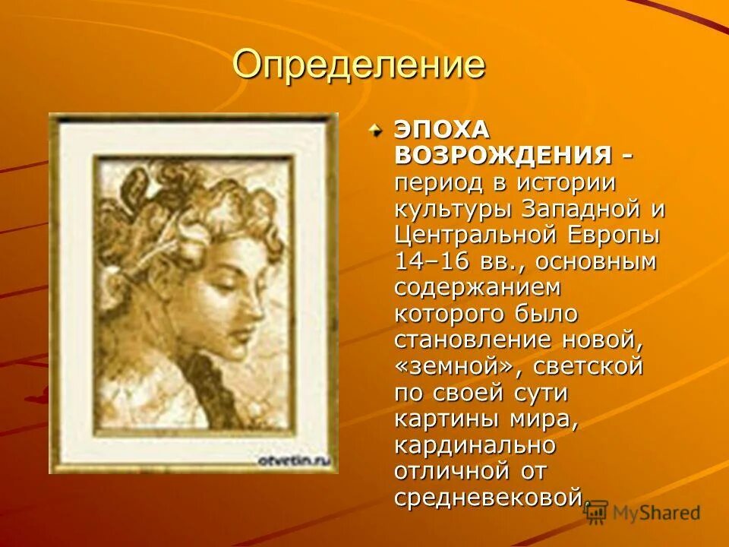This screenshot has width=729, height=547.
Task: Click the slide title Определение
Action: pos(358,65)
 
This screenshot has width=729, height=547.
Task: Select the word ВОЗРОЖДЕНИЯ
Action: pos(503,157)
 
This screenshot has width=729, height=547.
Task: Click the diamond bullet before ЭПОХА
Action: pos(377,131)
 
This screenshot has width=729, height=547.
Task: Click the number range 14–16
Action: pos(428,262)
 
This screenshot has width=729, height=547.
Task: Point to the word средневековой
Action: pos(490,498)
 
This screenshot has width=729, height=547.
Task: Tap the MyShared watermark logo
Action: pos(642,513)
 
